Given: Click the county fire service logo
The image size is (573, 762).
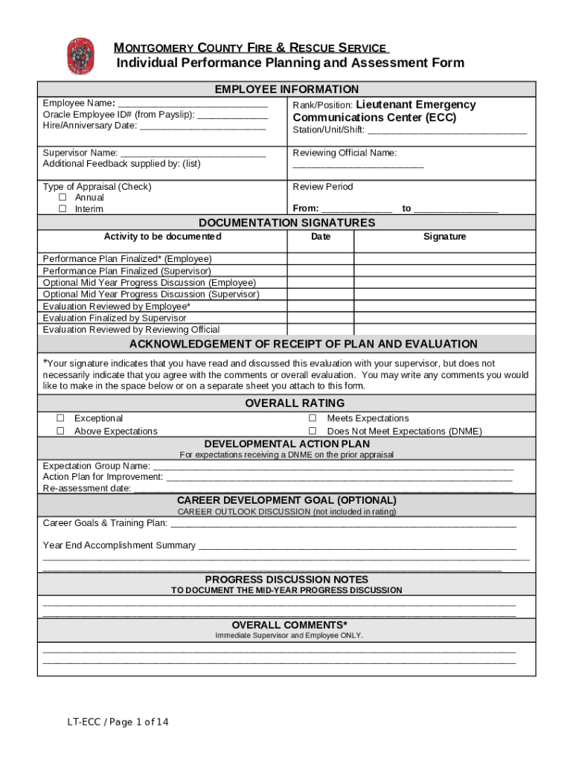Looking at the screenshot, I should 80,56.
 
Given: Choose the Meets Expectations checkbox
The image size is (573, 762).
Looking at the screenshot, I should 313,418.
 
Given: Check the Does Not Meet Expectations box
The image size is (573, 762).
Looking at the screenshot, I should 313,431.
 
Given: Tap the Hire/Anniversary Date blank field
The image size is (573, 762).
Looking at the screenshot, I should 202,127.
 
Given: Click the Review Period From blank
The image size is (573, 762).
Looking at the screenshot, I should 356,209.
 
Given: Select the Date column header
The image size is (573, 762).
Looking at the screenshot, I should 321,237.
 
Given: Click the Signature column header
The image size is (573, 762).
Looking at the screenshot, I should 444,237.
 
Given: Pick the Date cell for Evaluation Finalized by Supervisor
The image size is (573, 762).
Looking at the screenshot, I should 321,318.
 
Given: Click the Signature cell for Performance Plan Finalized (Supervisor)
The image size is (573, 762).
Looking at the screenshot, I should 444,271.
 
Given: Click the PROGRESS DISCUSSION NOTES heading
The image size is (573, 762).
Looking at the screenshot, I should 286,579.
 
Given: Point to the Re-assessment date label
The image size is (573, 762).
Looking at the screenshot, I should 86,489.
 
